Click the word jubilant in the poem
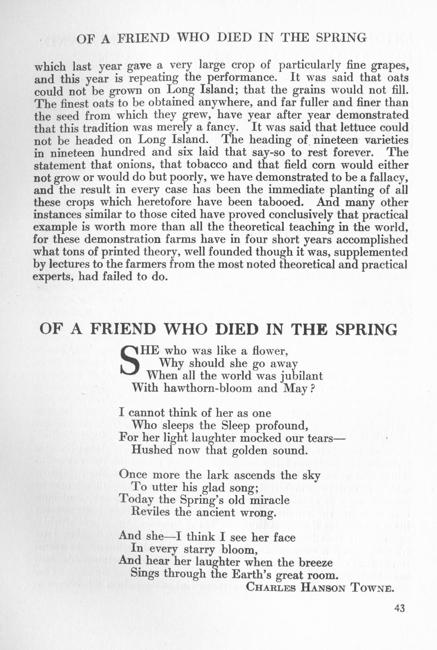[301, 376]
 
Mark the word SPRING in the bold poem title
[366, 329]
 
